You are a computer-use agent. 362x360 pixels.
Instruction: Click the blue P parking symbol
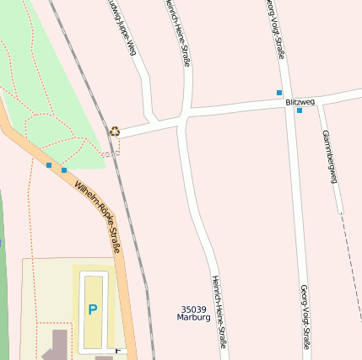(x=92, y=309)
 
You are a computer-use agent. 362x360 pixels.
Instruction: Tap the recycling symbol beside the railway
(x=115, y=131)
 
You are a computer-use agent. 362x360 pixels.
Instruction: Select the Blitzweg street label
(x=300, y=102)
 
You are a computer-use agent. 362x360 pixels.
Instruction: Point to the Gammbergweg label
(x=329, y=157)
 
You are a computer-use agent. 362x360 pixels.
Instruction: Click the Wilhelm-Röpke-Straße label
(x=98, y=217)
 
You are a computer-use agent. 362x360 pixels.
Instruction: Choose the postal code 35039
(x=193, y=309)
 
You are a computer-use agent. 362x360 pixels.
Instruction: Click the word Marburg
(x=193, y=318)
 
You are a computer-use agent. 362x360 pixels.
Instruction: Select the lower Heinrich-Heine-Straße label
(x=219, y=311)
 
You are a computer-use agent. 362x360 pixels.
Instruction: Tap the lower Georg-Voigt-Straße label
(x=304, y=316)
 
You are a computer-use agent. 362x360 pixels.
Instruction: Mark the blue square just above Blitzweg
(x=279, y=92)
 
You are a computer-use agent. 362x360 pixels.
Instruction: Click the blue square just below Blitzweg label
(x=299, y=110)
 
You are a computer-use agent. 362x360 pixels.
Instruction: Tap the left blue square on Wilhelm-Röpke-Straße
(x=49, y=165)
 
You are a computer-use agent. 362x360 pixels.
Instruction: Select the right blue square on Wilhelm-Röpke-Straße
(x=64, y=170)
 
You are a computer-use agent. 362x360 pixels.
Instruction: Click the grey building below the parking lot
(x=57, y=346)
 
